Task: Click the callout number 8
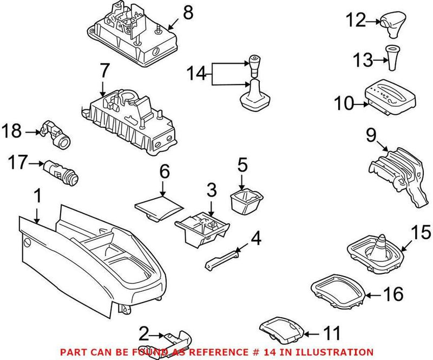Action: point(188,13)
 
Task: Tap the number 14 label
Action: point(196,74)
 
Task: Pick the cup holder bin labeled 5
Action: point(246,201)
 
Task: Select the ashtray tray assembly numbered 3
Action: point(202,228)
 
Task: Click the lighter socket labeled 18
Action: point(56,134)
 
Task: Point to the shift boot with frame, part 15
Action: point(375,254)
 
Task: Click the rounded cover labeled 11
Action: point(281,330)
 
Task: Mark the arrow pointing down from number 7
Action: point(103,88)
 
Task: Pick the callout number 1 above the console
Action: point(37,196)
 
